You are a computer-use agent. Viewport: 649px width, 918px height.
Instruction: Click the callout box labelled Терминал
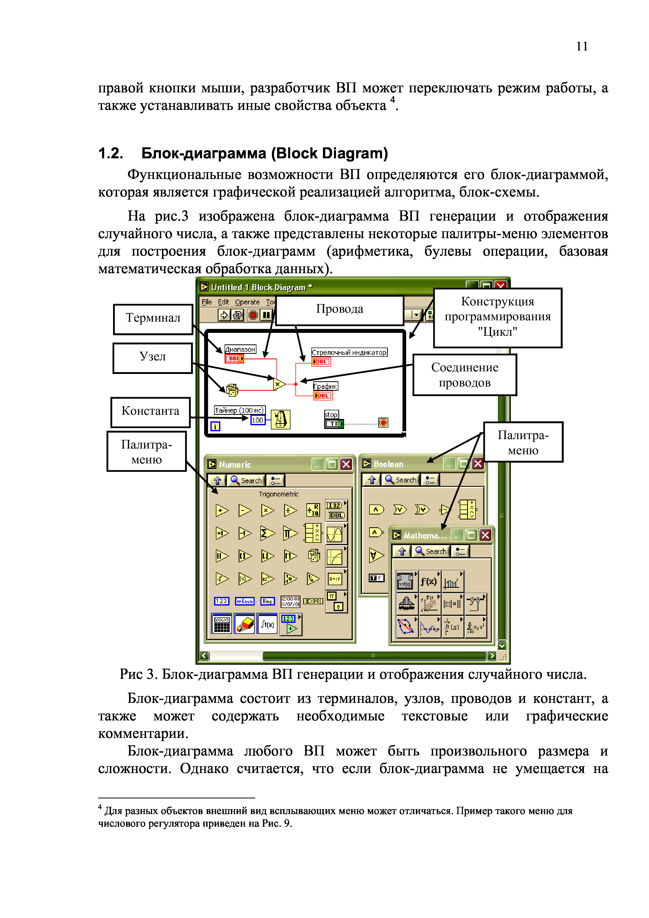coord(153,319)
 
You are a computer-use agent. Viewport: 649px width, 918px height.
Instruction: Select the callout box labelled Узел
coord(152,357)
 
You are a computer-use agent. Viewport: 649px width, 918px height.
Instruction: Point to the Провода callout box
coord(339,310)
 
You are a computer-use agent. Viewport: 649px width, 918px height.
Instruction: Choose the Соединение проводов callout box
coord(465,375)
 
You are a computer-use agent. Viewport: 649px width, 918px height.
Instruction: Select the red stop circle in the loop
coord(383,423)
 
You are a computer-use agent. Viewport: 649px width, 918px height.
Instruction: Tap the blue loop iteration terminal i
coord(215,426)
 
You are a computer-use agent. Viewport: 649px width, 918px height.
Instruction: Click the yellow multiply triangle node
coord(279,384)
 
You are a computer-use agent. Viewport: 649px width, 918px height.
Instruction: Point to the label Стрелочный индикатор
coord(349,352)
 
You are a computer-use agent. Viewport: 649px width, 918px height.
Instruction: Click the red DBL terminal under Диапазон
coord(234,359)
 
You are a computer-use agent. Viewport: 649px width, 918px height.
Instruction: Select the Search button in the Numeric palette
coord(246,480)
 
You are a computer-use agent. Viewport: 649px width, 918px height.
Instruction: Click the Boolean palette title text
coord(388,464)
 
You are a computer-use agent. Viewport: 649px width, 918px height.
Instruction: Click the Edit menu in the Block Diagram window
coord(223,302)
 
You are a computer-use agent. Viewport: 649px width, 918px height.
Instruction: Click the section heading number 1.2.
coord(111,154)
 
